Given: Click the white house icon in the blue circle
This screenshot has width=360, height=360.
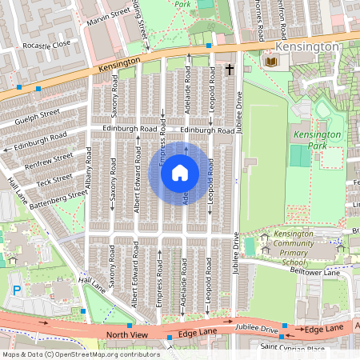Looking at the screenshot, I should click(179, 172).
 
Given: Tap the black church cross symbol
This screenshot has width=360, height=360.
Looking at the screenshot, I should click(229, 70).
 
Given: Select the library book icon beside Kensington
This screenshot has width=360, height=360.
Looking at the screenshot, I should click(271, 61).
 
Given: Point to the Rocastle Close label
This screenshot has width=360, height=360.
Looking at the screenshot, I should click(46, 46).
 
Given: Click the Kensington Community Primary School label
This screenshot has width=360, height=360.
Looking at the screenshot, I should click(295, 247).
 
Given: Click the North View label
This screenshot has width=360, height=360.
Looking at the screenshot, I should click(126, 334).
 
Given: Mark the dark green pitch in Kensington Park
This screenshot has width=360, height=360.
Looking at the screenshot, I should click(300, 156).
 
